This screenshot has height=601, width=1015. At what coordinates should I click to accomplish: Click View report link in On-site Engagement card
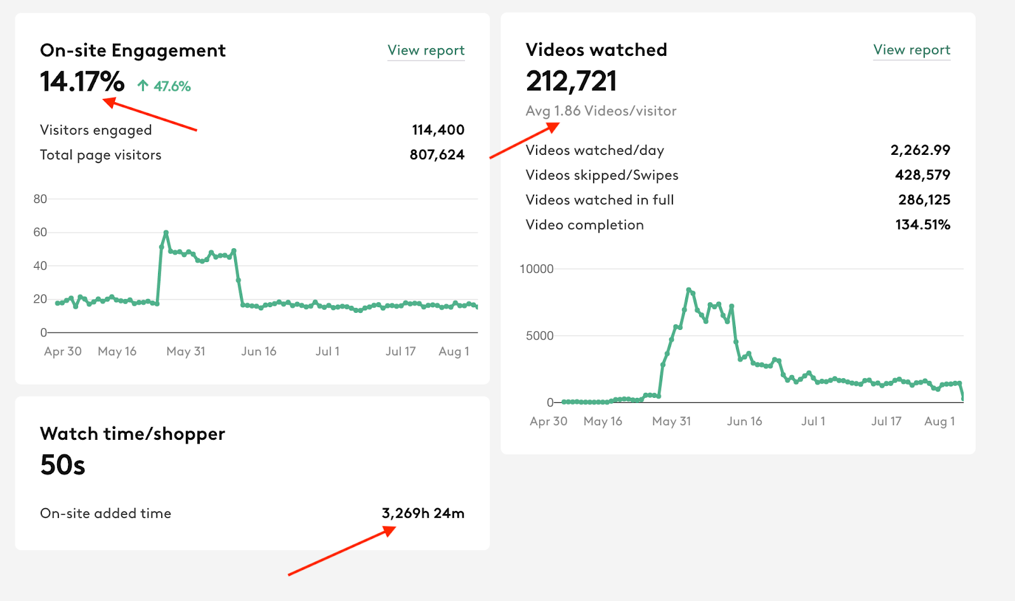tap(426, 50)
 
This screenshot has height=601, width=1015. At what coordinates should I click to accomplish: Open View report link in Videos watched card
tap(912, 50)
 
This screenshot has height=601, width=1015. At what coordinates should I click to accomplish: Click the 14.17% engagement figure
tap(82, 82)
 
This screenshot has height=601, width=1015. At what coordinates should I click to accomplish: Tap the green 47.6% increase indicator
tap(164, 86)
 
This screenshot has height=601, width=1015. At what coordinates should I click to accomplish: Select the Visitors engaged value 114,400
tap(438, 130)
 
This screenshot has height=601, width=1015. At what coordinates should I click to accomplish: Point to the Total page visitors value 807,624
tap(436, 155)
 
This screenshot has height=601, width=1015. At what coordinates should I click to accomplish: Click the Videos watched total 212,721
tap(571, 81)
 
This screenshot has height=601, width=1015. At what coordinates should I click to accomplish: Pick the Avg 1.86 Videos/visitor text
tap(601, 111)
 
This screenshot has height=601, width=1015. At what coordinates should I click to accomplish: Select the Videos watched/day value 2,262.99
tap(920, 150)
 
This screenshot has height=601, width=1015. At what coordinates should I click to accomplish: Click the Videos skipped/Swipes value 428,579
tap(922, 175)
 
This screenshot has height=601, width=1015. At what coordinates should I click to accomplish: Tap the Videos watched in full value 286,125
tap(924, 200)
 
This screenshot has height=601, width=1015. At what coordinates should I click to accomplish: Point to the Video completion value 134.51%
tap(922, 225)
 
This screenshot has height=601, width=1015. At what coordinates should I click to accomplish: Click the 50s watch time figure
tap(62, 465)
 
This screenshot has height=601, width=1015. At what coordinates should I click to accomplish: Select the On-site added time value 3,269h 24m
tap(422, 513)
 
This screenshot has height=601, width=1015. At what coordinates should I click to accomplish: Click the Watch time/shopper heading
tap(132, 434)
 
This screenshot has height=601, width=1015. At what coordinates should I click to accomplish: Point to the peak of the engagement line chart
tap(166, 233)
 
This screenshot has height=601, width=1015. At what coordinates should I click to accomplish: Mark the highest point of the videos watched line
tap(689, 290)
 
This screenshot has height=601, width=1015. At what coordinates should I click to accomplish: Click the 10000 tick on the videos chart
tap(536, 269)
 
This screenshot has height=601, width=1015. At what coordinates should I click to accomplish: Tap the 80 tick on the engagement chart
tap(40, 199)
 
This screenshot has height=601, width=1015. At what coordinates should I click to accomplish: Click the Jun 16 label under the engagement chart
tap(259, 352)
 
